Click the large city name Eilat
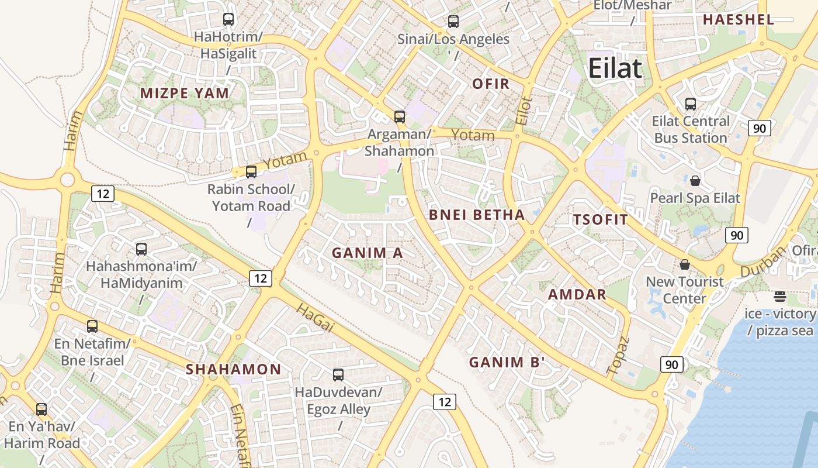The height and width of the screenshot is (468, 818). (x=615, y=68)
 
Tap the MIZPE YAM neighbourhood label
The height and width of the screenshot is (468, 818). (x=185, y=93)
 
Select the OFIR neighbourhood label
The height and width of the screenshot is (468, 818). (x=491, y=84)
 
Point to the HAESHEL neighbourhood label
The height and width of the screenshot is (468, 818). (x=738, y=19)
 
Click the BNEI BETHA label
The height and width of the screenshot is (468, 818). (x=477, y=215)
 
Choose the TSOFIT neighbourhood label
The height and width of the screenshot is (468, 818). (x=601, y=220)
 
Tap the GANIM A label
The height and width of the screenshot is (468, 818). (x=368, y=253)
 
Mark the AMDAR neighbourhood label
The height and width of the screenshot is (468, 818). (x=577, y=294)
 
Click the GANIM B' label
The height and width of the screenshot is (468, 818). (x=507, y=362)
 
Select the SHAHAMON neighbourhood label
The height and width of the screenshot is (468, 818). (x=234, y=369)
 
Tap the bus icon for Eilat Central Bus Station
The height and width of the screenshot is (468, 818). (x=691, y=104)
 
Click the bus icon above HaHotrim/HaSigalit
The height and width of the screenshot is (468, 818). (x=228, y=19)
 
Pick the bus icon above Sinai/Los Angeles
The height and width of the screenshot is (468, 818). (x=453, y=22)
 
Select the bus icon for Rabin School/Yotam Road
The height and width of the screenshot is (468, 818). (x=251, y=172)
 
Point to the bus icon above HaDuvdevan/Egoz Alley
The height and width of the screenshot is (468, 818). (x=338, y=375)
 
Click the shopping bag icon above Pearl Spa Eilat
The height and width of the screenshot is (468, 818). (x=695, y=181)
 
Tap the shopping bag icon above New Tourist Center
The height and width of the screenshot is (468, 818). (x=685, y=264)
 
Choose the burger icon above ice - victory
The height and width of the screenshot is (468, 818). (x=779, y=297)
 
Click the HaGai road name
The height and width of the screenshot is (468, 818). (x=314, y=318)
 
